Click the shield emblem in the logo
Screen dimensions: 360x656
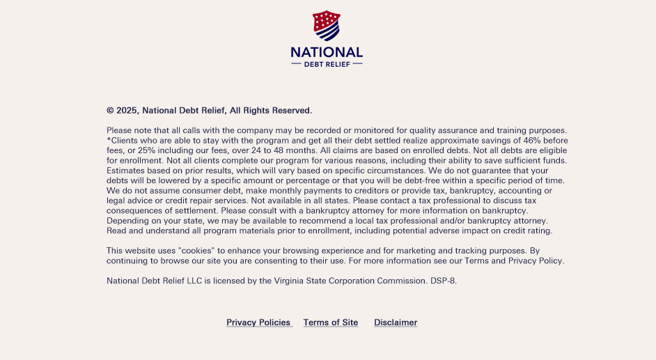click(x=327, y=26)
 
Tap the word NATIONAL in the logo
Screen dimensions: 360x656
click(x=327, y=52)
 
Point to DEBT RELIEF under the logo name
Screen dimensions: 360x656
click(x=327, y=64)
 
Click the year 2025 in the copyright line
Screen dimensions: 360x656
click(x=127, y=110)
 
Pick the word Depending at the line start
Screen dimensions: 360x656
click(x=127, y=221)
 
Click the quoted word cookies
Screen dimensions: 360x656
click(x=201, y=251)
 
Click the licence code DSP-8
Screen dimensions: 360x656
click(x=443, y=281)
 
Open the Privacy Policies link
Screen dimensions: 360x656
click(x=258, y=322)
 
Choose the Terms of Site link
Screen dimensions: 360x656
click(x=331, y=322)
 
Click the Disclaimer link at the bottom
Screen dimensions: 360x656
click(x=396, y=322)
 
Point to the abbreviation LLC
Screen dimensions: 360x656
click(x=194, y=281)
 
